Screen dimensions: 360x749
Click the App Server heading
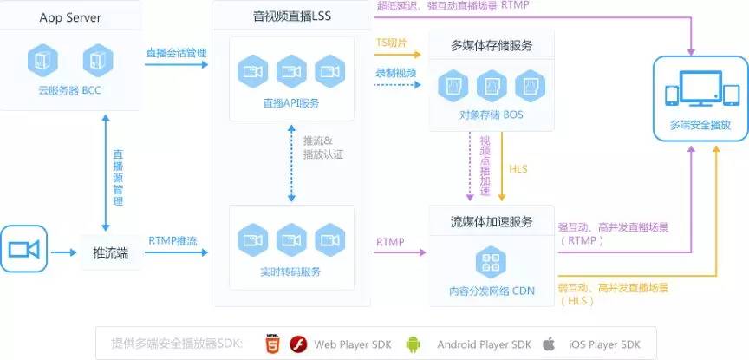tap(71, 16)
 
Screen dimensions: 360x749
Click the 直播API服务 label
tap(291, 103)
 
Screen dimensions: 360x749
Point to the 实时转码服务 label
tap(291, 272)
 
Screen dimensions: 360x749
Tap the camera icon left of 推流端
tap(24, 250)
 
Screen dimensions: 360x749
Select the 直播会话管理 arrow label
tap(177, 54)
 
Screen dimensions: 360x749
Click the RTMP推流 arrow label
tap(173, 240)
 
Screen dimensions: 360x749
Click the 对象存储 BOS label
tap(492, 115)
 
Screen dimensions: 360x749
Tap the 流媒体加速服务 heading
tap(492, 220)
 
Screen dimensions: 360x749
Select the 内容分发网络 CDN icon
tap(492, 261)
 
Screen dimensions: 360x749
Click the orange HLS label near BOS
tap(518, 168)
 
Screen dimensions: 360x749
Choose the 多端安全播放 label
tap(700, 125)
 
